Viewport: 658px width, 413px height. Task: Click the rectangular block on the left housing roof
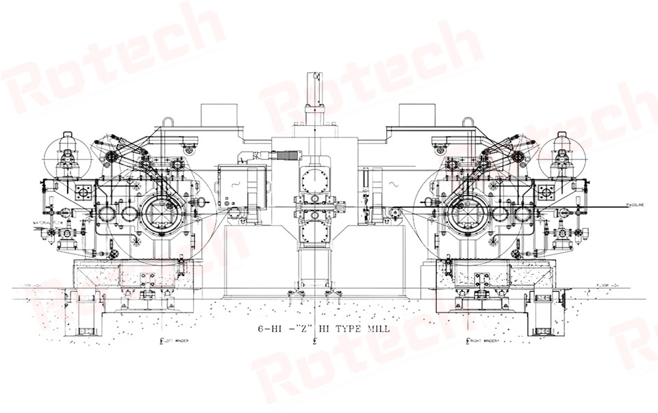pyautogui.click(x=218, y=114)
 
